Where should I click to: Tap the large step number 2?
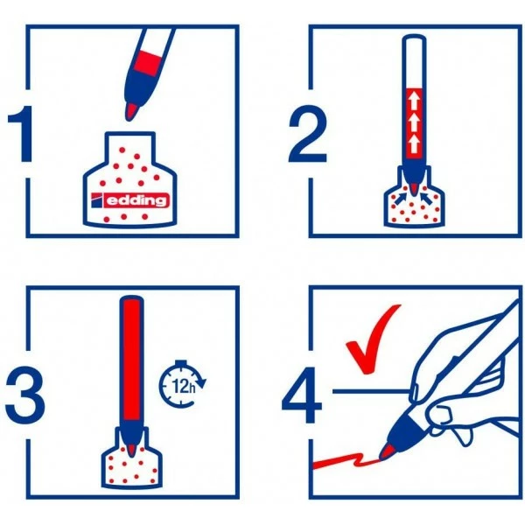(x=307, y=134)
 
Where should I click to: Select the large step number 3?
(x=25, y=395)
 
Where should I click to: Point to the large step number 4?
(x=303, y=395)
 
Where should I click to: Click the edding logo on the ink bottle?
(x=129, y=200)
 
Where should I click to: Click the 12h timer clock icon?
(x=182, y=384)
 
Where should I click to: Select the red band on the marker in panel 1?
(x=149, y=63)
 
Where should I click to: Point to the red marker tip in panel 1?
(x=131, y=112)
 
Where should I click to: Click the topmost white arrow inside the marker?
(x=414, y=101)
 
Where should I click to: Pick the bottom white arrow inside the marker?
(x=414, y=144)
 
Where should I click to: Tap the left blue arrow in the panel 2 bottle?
(x=401, y=199)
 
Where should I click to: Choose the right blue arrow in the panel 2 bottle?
(x=428, y=199)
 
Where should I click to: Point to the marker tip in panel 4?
(x=386, y=451)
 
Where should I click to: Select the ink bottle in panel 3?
(x=131, y=459)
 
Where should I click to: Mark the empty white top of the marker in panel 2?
(x=415, y=61)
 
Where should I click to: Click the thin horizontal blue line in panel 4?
(x=371, y=391)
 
